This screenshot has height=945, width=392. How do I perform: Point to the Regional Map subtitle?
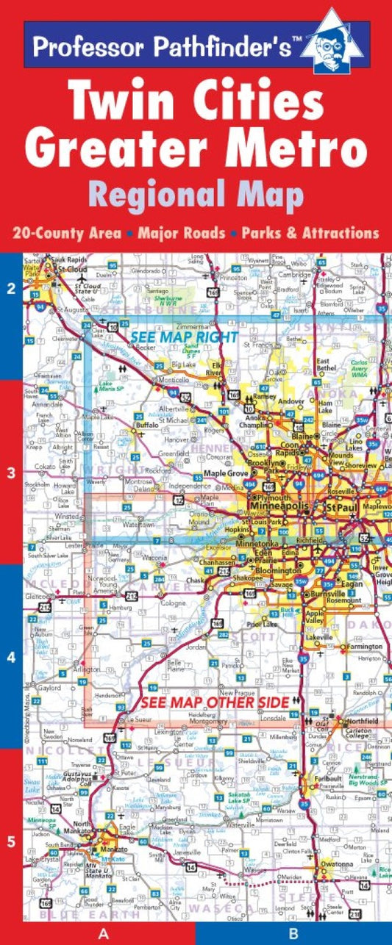pyautogui.click(x=196, y=195)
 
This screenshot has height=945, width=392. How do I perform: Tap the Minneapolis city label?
pyautogui.click(x=281, y=507)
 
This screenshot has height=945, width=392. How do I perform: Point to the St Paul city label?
pyautogui.click(x=341, y=508)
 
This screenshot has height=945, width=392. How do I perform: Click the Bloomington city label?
pyautogui.click(x=277, y=570)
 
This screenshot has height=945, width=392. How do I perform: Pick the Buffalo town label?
pyautogui.click(x=148, y=425)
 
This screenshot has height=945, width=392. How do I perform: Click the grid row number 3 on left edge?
pyautogui.click(x=10, y=473)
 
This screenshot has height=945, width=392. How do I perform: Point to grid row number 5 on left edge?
pyautogui.click(x=10, y=841)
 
